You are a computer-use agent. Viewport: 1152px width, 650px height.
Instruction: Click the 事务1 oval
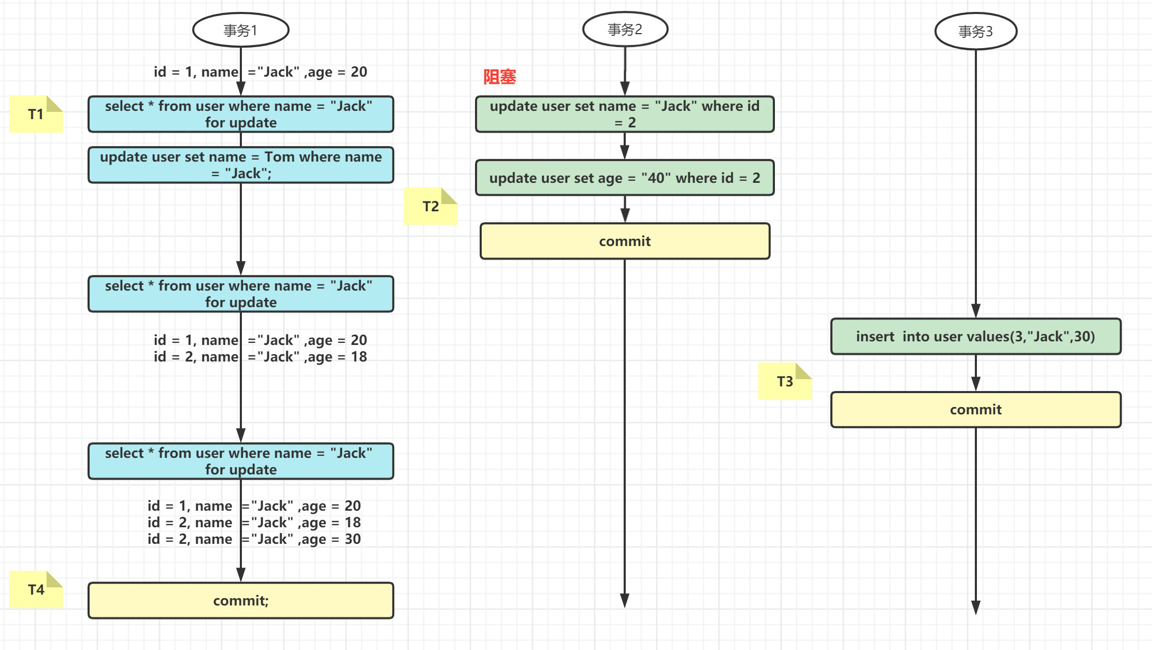240,30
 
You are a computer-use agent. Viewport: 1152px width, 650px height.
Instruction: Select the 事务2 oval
625,30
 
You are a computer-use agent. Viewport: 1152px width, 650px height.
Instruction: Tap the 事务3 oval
975,32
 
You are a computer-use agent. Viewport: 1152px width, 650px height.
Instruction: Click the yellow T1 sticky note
36,114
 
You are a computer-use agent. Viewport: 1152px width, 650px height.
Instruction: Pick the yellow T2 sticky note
430,206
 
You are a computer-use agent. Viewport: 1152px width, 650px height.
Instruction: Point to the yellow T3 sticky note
785,381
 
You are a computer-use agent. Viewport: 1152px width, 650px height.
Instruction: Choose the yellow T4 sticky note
36,589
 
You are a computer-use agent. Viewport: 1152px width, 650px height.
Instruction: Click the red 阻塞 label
499,77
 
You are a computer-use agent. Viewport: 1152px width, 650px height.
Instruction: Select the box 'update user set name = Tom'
241,165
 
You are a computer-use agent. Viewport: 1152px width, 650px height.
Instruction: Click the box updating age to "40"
625,178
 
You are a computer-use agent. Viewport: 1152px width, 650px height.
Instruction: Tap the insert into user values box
975,337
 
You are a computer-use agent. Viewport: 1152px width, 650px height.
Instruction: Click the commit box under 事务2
625,241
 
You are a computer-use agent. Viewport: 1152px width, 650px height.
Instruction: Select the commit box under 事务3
975,410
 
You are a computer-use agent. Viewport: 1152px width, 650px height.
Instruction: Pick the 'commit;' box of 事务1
241,601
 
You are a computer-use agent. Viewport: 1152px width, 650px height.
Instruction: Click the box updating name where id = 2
625,114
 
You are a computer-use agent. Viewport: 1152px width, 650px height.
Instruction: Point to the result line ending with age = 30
254,539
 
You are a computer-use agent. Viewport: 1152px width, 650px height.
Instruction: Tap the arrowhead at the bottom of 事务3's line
975,608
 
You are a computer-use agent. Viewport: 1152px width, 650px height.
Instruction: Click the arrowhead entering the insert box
975,311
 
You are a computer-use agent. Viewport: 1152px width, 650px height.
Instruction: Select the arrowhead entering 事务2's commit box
625,216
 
